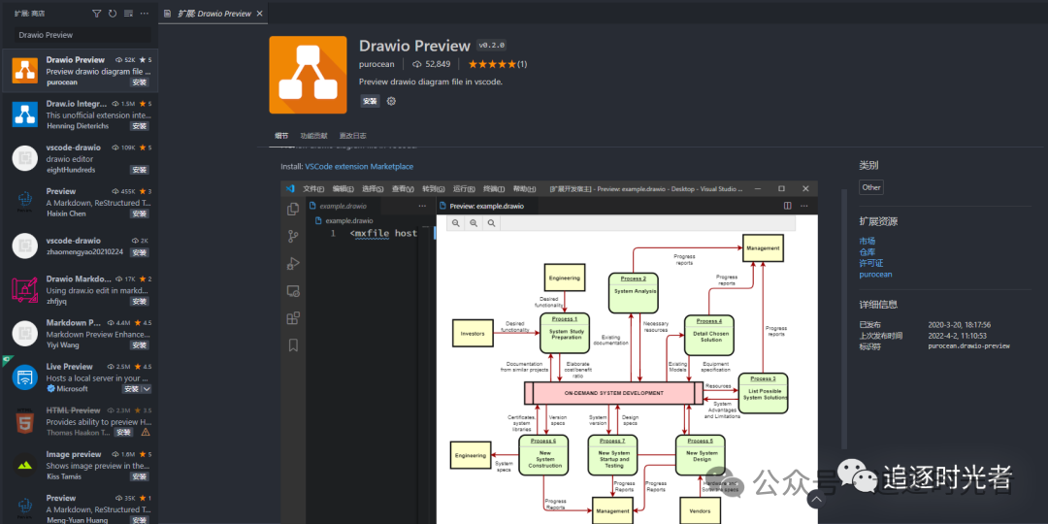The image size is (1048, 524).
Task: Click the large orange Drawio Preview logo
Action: point(308,75)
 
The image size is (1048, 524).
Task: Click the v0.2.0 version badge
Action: point(491,46)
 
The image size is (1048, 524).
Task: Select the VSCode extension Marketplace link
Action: point(359,167)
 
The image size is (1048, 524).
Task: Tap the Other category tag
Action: point(871,187)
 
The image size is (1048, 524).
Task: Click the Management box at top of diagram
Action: point(763,248)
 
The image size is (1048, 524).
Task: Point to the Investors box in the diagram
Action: point(474,333)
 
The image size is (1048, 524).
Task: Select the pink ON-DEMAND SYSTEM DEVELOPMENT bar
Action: point(613,393)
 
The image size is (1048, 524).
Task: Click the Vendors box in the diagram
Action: point(699,510)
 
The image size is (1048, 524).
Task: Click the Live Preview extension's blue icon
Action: point(24,377)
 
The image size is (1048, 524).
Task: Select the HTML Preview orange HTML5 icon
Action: point(24,421)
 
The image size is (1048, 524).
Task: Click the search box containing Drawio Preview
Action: point(82,35)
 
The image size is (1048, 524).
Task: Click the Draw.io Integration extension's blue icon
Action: point(24,115)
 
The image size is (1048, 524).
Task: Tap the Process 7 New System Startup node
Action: point(613,454)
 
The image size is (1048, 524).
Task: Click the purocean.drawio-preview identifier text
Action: point(968,345)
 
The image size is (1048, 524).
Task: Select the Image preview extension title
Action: point(74,454)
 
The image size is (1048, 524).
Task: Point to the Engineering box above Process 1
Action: point(564,278)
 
